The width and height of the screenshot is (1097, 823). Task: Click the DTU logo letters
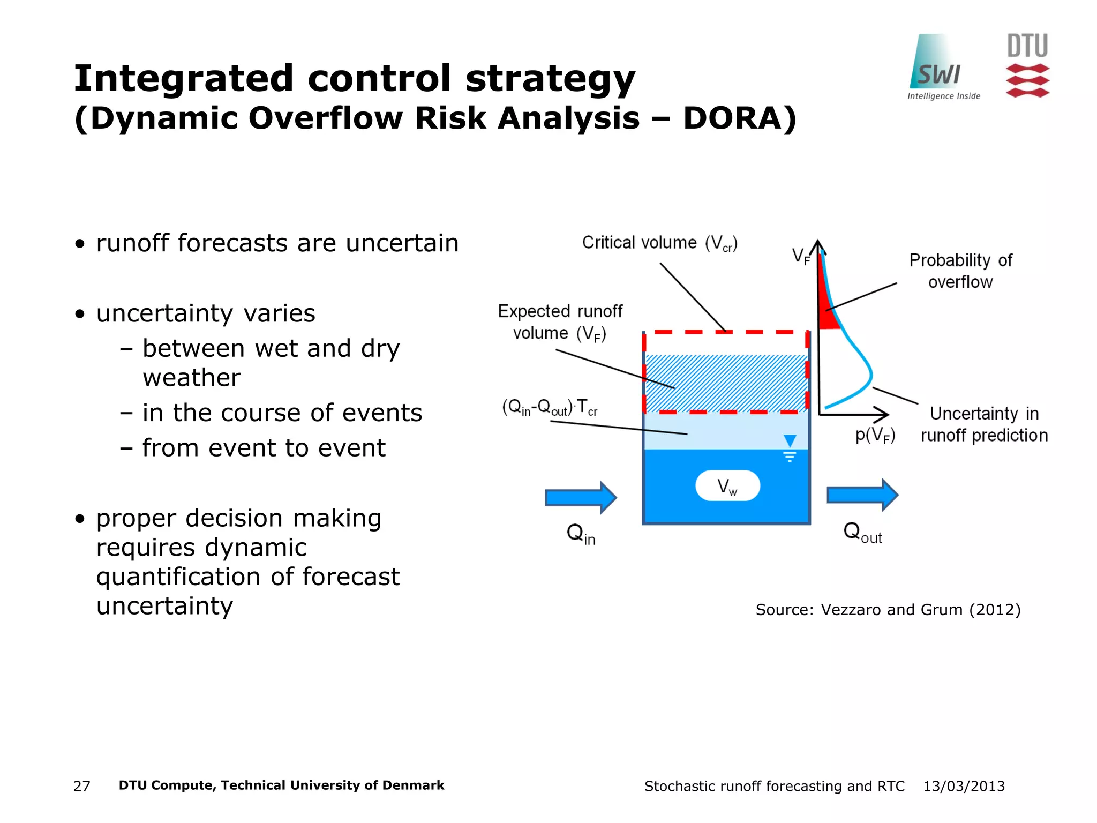(x=1027, y=46)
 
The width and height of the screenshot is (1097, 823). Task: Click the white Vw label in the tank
(x=727, y=486)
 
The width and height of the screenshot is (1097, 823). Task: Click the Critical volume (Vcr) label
(x=659, y=243)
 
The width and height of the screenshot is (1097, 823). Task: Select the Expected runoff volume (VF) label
(x=560, y=322)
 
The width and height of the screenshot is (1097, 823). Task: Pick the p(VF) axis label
(x=875, y=435)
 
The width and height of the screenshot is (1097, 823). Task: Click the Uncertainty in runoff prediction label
(x=984, y=424)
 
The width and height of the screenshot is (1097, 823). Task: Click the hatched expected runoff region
(x=726, y=383)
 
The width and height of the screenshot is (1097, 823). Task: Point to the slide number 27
(x=81, y=786)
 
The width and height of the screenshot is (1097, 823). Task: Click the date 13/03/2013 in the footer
(x=964, y=786)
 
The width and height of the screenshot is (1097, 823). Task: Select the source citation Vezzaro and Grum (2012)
(x=888, y=610)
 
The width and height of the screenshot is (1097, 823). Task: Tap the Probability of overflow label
(x=960, y=271)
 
